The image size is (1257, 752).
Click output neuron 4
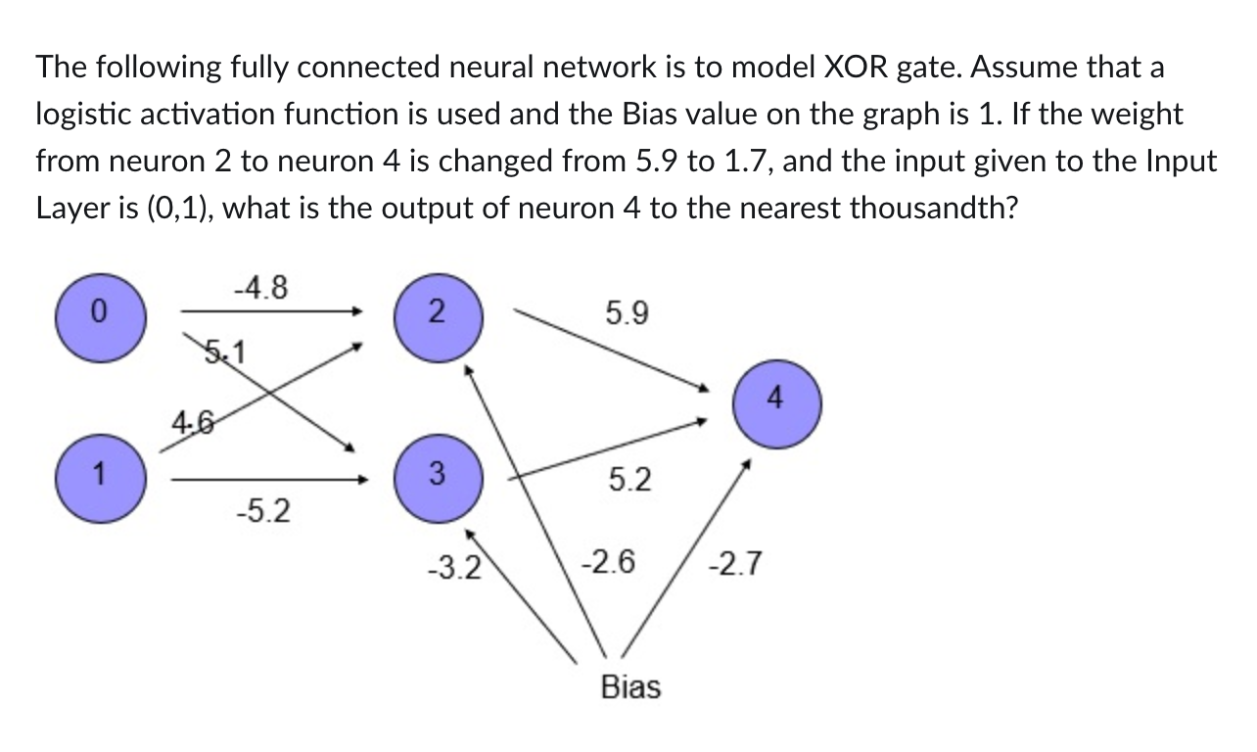(776, 399)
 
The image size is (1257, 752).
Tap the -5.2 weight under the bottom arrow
(262, 511)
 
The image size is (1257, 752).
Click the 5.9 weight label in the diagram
(627, 314)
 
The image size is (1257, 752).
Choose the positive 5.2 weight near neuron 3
(629, 480)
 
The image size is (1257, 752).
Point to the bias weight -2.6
(607, 563)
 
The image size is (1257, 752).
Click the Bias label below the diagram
(630, 687)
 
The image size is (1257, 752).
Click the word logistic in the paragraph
(81, 115)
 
